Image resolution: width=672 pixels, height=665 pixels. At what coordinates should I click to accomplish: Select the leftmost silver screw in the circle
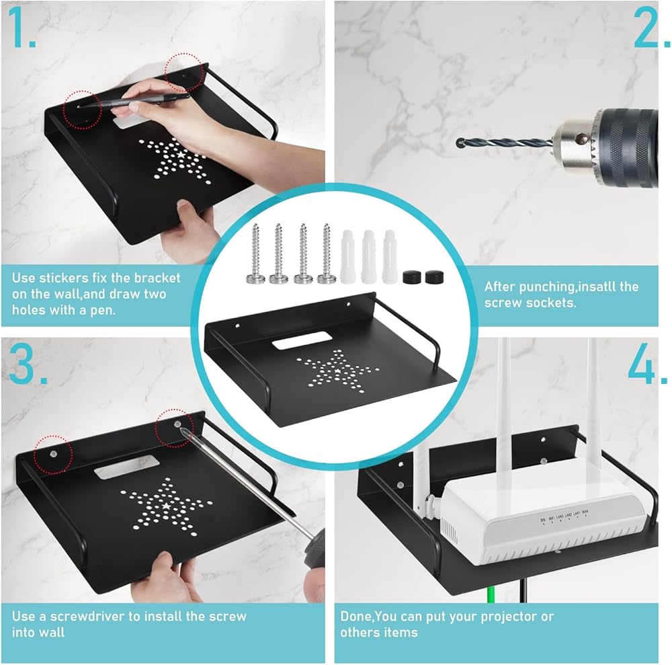[255, 253]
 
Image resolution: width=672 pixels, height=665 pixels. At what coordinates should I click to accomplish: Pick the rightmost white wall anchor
[390, 256]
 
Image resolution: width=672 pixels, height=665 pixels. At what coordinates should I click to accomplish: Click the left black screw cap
[412, 276]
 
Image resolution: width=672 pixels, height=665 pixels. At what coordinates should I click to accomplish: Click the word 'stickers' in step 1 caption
[62, 278]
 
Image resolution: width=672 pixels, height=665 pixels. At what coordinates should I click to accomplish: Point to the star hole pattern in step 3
[166, 506]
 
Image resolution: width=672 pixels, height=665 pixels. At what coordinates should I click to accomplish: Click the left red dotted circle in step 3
[53, 454]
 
